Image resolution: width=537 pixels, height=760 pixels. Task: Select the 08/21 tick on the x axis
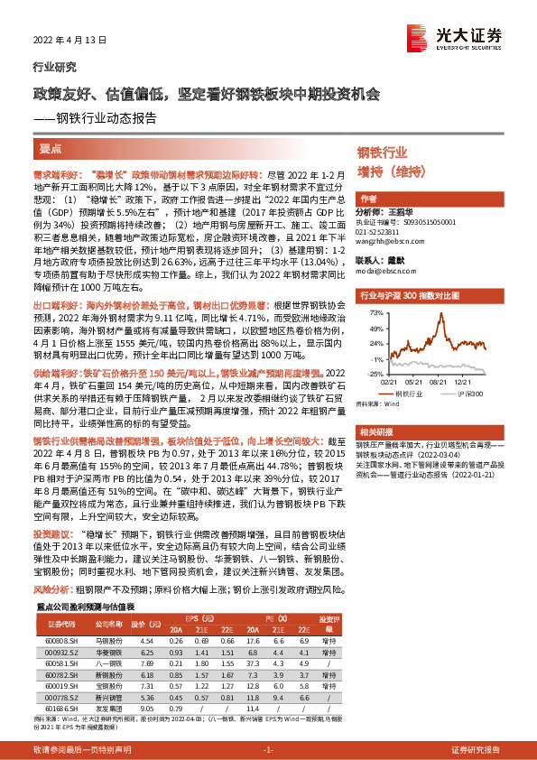tap(440, 381)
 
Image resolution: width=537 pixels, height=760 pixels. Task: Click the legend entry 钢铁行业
tap(407, 394)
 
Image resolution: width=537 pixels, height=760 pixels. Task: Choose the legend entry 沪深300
tap(472, 394)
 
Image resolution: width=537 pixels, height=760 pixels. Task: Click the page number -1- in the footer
tap(268, 751)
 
